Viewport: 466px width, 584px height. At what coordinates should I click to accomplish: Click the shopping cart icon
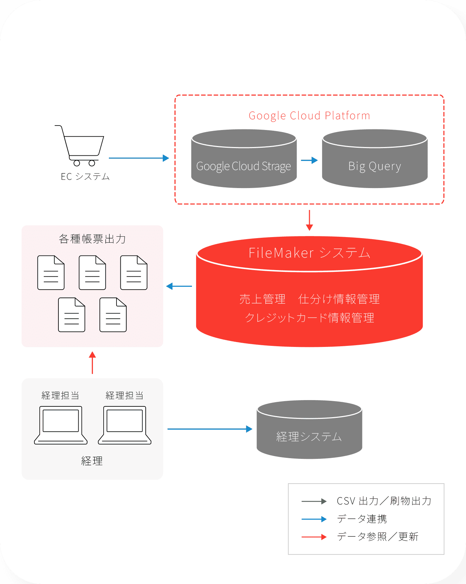point(80,146)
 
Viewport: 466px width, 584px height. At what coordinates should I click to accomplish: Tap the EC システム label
point(85,177)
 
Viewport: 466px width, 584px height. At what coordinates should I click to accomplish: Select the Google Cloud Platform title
point(309,116)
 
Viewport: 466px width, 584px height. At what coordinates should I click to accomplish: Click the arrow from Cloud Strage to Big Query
point(309,160)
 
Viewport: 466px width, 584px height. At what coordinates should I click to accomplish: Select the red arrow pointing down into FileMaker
point(309,220)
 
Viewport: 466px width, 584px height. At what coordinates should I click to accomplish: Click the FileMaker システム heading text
point(309,253)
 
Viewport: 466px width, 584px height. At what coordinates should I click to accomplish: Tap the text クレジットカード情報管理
point(309,318)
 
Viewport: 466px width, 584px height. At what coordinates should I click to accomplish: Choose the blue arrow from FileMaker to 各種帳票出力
point(179,286)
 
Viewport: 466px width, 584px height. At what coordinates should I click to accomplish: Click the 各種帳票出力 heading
point(92,239)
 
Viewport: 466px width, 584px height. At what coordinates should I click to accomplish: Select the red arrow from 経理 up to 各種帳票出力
point(92,363)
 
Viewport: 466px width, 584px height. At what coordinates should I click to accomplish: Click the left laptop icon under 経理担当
point(61,425)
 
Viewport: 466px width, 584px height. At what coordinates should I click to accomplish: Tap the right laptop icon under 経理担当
point(124,425)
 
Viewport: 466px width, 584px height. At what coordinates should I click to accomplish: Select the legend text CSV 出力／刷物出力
point(384,501)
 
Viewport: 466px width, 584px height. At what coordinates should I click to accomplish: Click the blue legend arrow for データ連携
point(314,519)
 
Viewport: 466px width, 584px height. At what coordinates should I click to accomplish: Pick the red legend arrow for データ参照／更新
point(314,537)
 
